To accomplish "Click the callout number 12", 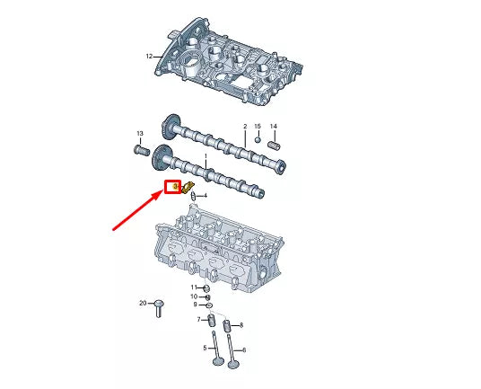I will coord(150,56).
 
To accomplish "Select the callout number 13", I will coord(139,134).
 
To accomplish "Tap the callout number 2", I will coord(244,127).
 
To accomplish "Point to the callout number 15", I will coord(258,127).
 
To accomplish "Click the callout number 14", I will coord(274,127).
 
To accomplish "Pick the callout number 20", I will coord(143,303).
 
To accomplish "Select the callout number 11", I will coord(193,287).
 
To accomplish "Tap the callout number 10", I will coord(193,296).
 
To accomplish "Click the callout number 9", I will coord(195,305).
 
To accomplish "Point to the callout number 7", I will coord(199,320).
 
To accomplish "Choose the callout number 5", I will coord(205,348).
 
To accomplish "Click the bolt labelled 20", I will coord(158,306).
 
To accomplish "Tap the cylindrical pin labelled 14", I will coord(275,140).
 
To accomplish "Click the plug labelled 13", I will coord(140,148).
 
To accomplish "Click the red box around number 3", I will coord(173,187).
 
